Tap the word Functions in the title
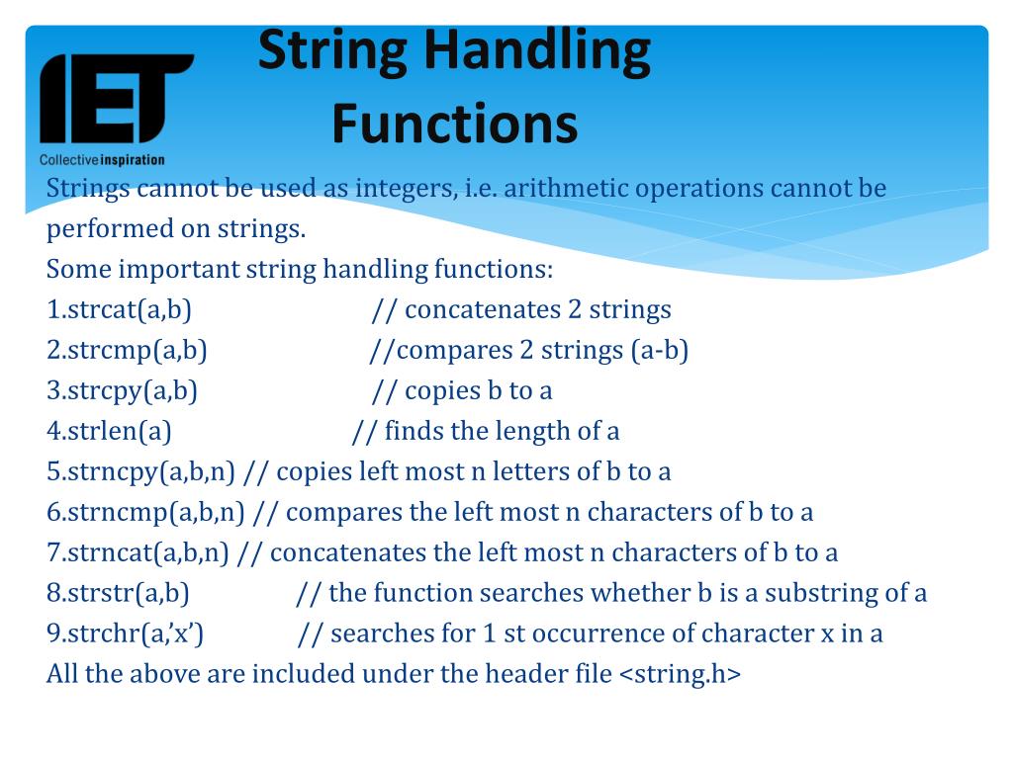point(454,125)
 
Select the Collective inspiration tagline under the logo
point(102,159)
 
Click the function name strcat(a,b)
point(130,310)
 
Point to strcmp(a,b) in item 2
point(138,351)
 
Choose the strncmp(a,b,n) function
point(156,513)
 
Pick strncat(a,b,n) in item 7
point(148,553)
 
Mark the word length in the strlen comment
point(535,432)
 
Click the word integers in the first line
point(405,189)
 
